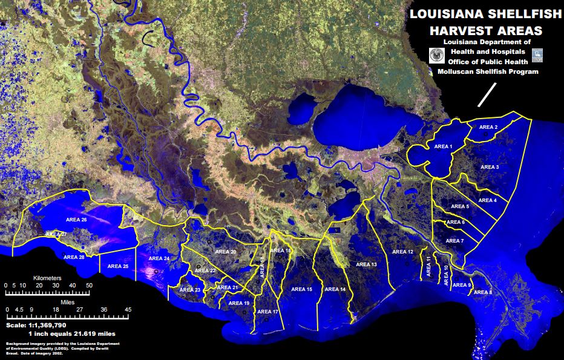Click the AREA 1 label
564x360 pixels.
point(443,146)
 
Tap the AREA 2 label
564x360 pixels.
point(488,127)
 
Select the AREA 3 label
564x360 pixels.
point(489,166)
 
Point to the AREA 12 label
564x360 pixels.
point(402,252)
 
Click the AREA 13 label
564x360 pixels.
point(366,264)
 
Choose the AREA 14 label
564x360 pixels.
point(335,289)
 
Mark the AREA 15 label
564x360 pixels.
point(301,289)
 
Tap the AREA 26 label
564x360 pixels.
point(76,220)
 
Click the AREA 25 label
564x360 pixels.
point(117,266)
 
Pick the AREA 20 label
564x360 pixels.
point(225,251)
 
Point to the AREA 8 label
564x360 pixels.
point(482,292)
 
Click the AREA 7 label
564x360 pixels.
point(454,241)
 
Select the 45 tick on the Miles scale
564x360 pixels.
point(128,309)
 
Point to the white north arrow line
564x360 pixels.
point(487,94)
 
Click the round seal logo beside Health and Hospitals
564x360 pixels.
point(435,56)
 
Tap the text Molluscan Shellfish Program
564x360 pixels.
point(488,71)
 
